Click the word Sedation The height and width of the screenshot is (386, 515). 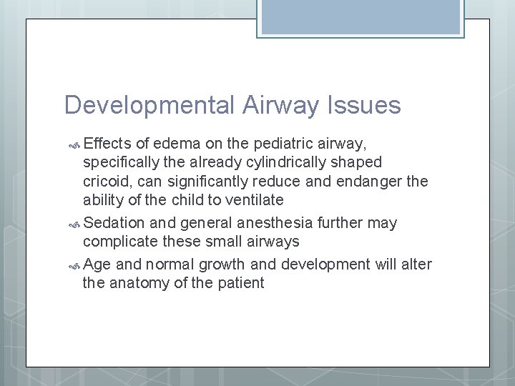coord(114,223)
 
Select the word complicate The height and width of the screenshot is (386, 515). coord(119,242)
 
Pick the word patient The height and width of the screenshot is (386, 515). coord(239,283)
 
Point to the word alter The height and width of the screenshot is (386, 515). coord(416,264)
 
